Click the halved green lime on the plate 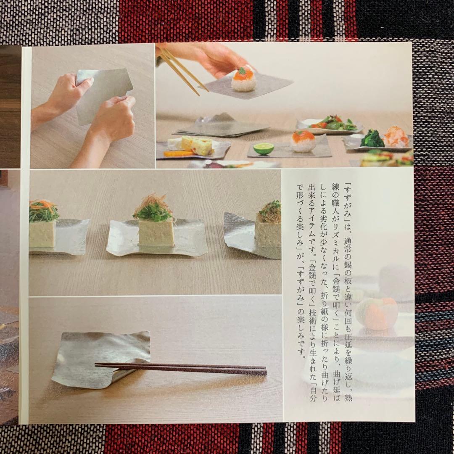264,148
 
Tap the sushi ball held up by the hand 243,79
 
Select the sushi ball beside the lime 303,141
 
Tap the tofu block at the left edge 42,233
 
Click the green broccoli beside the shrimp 372,139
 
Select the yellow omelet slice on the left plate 197,145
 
